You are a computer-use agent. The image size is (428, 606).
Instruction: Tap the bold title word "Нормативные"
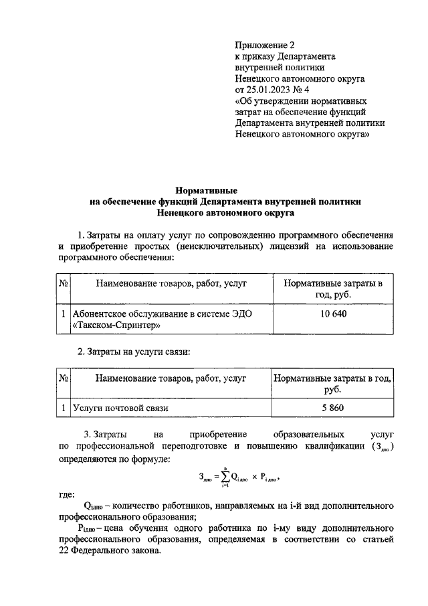click(x=211, y=191)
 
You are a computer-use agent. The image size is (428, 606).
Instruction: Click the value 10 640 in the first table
click(x=333, y=315)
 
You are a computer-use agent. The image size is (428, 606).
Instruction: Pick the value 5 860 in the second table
click(x=333, y=407)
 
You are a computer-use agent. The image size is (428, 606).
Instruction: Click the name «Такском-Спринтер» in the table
click(x=116, y=326)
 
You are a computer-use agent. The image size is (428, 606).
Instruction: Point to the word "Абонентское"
click(x=100, y=314)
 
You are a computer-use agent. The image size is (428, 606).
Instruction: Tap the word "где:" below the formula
click(x=68, y=495)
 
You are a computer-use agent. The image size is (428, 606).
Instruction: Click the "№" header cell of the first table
click(x=62, y=283)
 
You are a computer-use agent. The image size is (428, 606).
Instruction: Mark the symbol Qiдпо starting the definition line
click(x=94, y=506)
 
